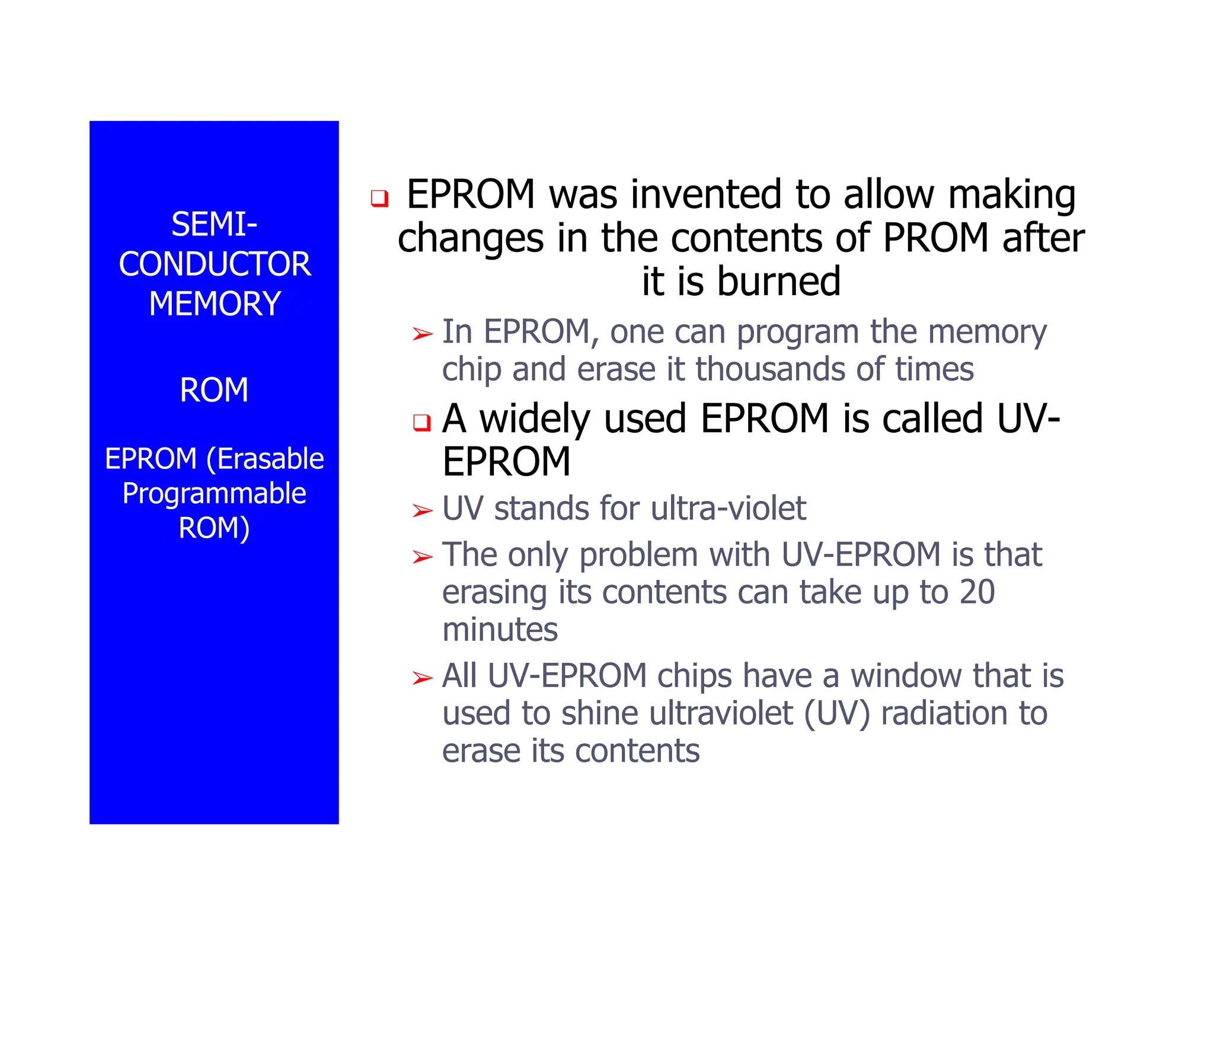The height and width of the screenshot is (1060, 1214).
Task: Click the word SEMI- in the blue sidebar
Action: coord(214,225)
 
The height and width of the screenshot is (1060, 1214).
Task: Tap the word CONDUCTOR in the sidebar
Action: coord(215,264)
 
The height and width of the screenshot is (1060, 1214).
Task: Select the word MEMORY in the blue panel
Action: coord(215,304)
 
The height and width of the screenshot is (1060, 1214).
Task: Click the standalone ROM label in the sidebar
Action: coord(214,390)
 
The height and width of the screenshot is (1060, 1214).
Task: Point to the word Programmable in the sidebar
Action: coord(214,493)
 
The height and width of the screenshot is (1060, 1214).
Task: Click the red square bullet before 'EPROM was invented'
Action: coord(379,198)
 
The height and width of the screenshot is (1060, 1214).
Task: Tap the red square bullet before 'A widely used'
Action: coord(421,423)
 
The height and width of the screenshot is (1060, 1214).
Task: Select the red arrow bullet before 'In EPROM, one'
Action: coord(423,334)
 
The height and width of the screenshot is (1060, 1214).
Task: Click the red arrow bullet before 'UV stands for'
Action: coord(423,510)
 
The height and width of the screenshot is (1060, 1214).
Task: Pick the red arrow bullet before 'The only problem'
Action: coord(423,557)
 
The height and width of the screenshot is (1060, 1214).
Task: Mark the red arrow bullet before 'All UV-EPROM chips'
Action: coord(423,678)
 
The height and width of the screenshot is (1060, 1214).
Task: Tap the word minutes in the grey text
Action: coord(500,630)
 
